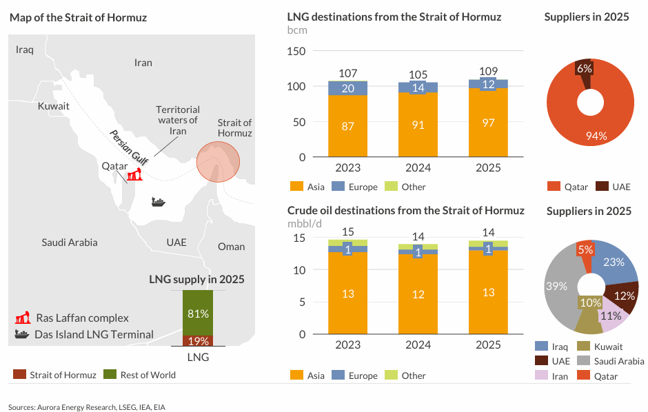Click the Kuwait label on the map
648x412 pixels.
point(53,106)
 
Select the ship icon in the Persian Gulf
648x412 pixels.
point(159,202)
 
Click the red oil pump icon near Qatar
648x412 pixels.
point(133,175)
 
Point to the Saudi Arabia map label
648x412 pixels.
point(69,243)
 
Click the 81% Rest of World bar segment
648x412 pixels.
point(198,313)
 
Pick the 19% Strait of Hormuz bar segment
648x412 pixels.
point(198,340)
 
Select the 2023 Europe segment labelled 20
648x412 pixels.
point(348,88)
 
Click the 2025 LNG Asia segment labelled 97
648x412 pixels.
point(488,122)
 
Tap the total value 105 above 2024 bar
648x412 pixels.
point(418,74)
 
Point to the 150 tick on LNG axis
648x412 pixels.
point(296,51)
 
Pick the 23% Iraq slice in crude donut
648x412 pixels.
point(613,263)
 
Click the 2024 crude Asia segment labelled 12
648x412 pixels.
point(418,294)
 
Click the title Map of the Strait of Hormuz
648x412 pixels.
point(78,17)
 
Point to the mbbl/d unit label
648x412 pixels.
point(305,223)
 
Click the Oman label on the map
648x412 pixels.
point(231,247)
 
